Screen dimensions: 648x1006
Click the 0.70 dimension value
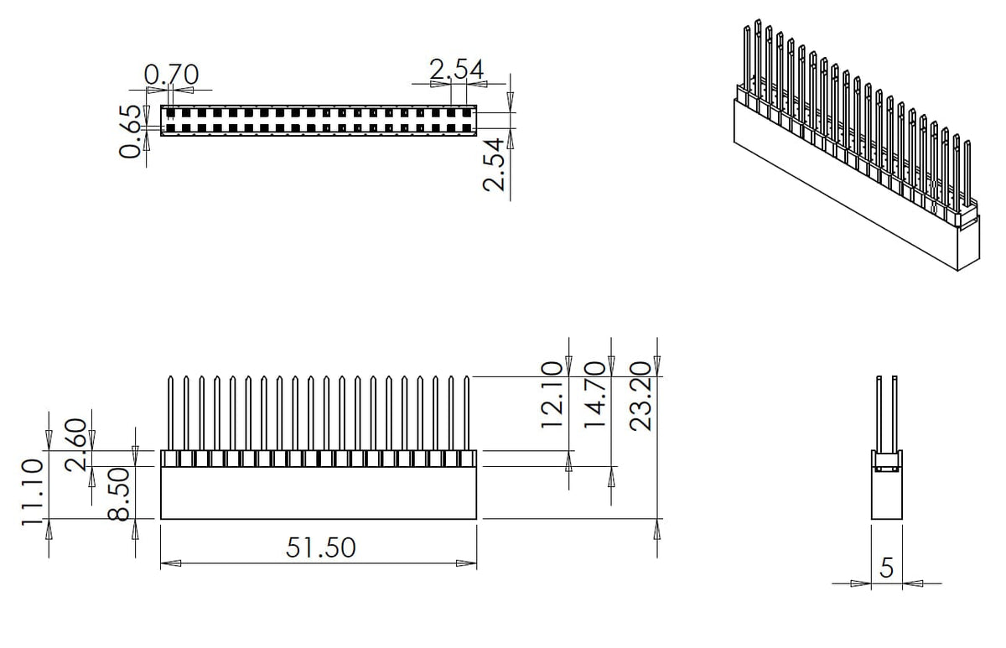coord(170,75)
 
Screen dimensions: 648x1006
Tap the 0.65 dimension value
coord(130,132)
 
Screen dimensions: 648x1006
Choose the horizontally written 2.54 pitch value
coord(457,70)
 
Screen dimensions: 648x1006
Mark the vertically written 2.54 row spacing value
coord(495,164)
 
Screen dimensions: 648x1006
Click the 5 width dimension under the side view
coord(886,568)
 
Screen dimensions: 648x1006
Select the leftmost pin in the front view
coord(170,413)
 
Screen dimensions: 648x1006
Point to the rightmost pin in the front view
coord(466,413)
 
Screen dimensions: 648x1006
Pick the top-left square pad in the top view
coord(171,112)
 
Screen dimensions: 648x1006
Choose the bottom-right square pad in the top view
coord(465,128)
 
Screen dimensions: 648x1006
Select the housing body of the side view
coord(887,495)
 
